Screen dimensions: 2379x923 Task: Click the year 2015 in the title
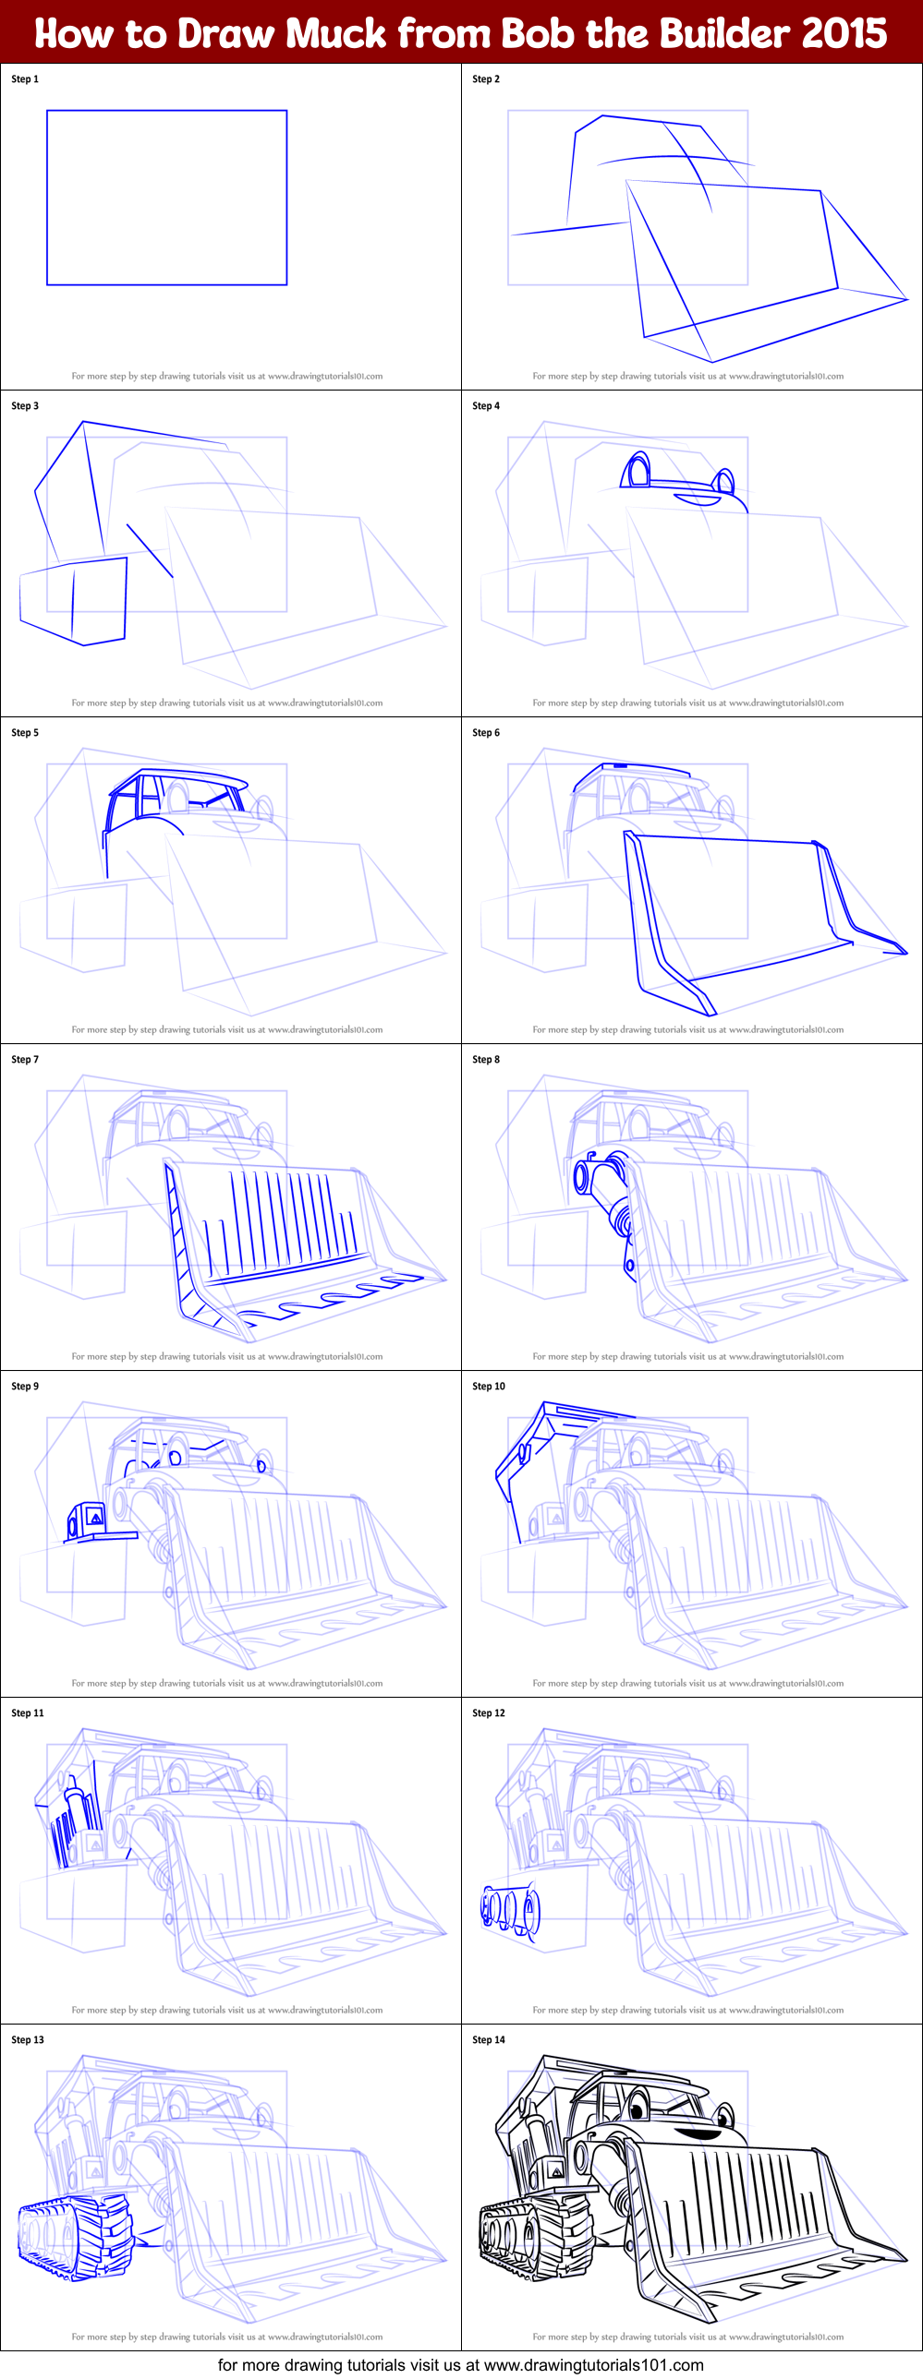pos(844,33)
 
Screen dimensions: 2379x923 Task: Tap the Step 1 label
pos(25,79)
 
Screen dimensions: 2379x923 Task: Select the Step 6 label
pos(486,732)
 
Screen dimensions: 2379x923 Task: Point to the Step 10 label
pos(489,1387)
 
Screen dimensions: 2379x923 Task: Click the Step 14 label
pos(489,2040)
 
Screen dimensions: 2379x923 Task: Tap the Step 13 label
pos(28,2040)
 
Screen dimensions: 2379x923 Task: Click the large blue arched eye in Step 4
pos(637,470)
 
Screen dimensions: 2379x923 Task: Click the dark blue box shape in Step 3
pos(74,600)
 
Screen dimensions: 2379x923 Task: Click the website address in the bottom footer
pos(593,2365)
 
